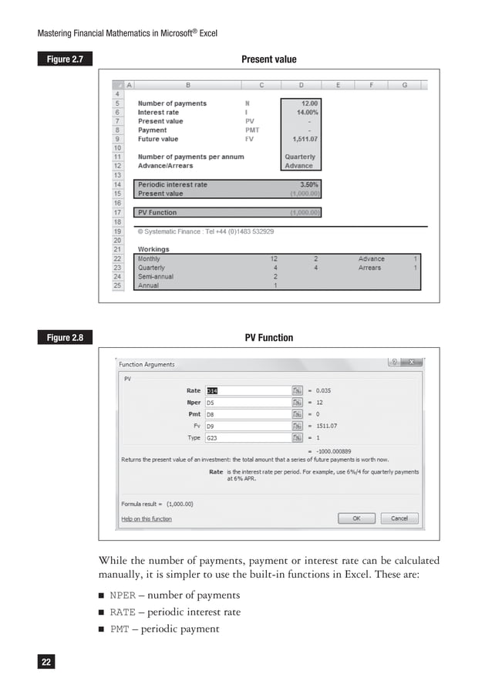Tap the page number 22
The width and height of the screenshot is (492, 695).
point(47,661)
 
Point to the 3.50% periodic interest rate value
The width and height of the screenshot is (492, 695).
point(306,185)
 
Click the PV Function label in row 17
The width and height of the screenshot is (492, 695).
point(157,212)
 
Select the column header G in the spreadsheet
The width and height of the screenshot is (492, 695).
point(404,85)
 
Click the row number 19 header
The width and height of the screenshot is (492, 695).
point(118,231)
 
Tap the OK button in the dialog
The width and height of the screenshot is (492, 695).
point(356,518)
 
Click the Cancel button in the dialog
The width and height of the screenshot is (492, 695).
point(399,518)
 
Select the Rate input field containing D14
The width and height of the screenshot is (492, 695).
point(247,390)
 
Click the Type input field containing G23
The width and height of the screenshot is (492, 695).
point(247,437)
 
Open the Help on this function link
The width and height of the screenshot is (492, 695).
point(147,519)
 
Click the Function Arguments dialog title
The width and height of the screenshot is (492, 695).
point(147,364)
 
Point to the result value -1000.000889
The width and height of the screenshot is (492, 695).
point(339,450)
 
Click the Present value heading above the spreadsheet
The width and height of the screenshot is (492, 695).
point(268,59)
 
